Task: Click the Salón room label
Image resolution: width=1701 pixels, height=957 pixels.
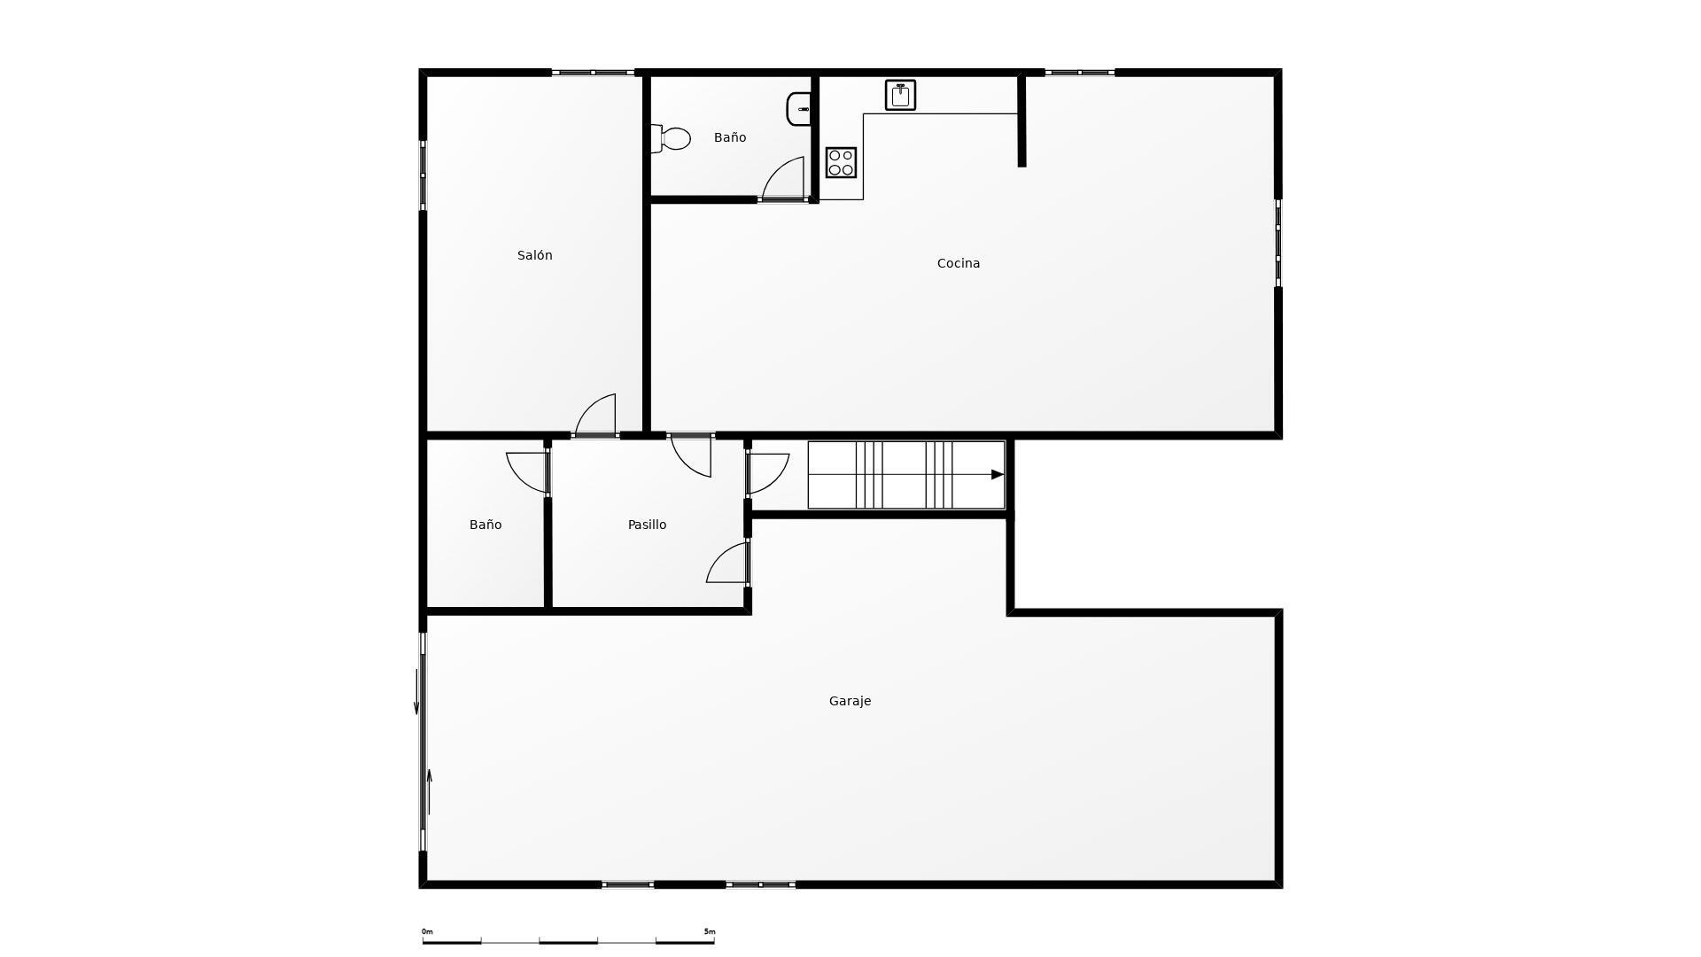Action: tap(534, 255)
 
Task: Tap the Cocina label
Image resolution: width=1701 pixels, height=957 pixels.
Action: tap(958, 263)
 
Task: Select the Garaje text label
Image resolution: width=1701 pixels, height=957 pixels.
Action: tap(850, 701)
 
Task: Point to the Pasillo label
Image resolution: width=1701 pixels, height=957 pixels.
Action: tap(647, 525)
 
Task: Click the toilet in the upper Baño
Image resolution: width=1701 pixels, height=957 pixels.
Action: tap(672, 139)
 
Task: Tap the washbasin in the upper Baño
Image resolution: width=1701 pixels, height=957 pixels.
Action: tap(799, 109)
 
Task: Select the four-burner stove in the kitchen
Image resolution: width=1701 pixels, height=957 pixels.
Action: tap(841, 163)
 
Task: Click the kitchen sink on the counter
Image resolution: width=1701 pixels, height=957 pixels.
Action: tap(900, 95)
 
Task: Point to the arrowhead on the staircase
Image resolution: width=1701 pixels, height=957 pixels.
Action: tap(997, 475)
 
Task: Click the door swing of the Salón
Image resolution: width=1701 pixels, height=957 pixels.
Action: tap(598, 415)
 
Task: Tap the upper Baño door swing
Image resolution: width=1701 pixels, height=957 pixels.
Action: tap(785, 179)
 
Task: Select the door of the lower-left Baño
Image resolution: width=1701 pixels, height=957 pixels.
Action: tap(527, 471)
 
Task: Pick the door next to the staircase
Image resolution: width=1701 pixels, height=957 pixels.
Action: tap(767, 473)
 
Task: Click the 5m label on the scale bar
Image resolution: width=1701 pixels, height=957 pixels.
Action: tap(710, 931)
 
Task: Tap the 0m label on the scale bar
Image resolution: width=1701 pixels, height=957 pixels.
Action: tap(427, 931)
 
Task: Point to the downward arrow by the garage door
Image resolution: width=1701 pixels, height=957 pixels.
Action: tap(416, 692)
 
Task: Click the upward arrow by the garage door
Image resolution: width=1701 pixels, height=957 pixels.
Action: tap(430, 791)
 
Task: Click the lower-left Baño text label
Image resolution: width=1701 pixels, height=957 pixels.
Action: tap(485, 525)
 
